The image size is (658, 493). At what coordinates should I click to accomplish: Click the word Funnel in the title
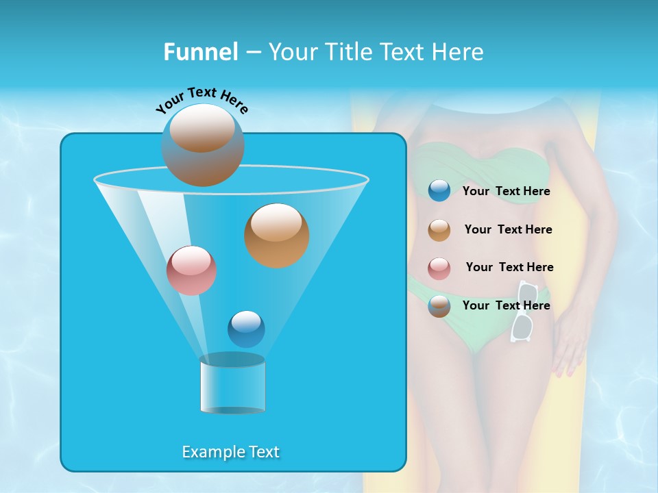[200, 52]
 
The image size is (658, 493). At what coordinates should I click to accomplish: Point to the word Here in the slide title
[459, 52]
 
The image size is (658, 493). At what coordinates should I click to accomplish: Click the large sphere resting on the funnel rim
[203, 145]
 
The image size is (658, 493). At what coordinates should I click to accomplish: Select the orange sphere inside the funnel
[276, 235]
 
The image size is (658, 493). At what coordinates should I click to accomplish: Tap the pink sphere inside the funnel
[191, 270]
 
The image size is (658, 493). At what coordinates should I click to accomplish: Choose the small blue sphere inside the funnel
[246, 329]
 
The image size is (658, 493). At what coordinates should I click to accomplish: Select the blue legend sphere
[439, 191]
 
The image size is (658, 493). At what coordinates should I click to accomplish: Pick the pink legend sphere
[439, 268]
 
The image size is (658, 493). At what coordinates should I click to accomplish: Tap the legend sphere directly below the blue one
[439, 230]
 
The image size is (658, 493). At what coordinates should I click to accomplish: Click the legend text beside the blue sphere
[506, 191]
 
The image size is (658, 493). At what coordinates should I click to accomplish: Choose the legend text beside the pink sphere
[509, 267]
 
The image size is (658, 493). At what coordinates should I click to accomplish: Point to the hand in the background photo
[568, 346]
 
